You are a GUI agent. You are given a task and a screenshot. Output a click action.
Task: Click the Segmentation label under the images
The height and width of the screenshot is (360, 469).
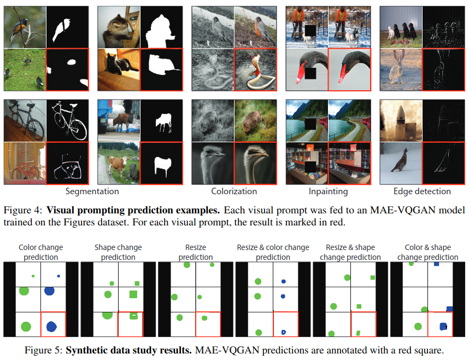click(92, 191)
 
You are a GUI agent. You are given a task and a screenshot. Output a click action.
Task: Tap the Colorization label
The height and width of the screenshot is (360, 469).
click(234, 191)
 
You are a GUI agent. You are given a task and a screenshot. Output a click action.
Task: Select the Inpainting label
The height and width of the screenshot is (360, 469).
click(328, 191)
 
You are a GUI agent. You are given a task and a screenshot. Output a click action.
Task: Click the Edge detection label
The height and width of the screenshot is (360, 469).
click(422, 191)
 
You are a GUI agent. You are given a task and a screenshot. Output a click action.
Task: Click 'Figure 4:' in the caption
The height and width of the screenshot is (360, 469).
click(22, 210)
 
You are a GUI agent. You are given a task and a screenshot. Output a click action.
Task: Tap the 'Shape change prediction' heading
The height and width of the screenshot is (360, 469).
click(119, 252)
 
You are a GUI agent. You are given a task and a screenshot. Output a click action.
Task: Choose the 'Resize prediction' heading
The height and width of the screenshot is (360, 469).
click(196, 252)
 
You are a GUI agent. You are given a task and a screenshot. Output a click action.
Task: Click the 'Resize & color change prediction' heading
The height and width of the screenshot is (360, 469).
click(273, 252)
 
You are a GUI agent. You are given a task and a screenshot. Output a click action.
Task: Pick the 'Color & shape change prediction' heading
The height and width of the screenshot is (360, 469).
click(428, 252)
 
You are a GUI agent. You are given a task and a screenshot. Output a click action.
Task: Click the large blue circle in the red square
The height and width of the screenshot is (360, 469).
click(51, 327)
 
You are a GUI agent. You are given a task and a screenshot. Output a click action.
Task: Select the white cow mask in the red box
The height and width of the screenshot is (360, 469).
click(162, 162)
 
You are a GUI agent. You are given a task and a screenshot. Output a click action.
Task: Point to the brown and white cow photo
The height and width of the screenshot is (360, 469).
click(118, 162)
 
